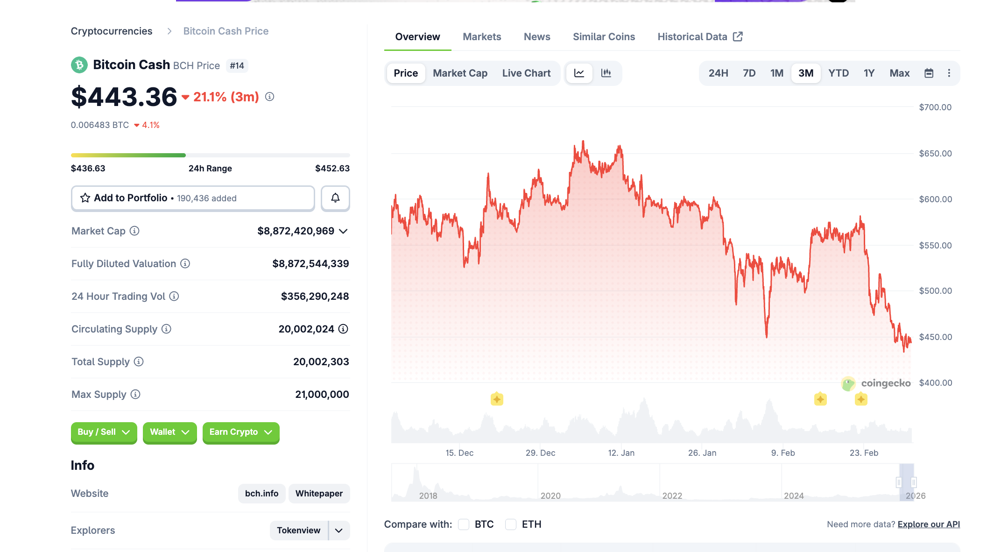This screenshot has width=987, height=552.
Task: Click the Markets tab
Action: tap(482, 37)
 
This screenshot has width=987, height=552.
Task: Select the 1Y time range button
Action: tap(868, 73)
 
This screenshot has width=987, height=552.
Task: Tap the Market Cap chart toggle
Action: tap(460, 73)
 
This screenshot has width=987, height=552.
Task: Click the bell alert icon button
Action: tap(335, 198)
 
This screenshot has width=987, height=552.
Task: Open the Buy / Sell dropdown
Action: tap(104, 432)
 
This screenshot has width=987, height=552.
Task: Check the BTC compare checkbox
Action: tap(464, 524)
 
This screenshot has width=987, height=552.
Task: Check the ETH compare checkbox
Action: tap(511, 524)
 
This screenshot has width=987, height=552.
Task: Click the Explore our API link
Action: tap(928, 524)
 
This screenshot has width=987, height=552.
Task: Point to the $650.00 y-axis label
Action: tap(935, 154)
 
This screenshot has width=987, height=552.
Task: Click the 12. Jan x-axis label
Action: tap(621, 453)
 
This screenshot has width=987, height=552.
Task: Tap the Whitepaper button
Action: tap(319, 494)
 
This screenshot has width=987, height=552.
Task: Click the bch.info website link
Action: tap(261, 494)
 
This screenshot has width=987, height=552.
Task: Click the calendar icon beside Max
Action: tap(929, 73)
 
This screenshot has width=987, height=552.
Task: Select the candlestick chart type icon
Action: tap(606, 73)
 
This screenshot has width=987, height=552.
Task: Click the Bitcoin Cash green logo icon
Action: tap(79, 65)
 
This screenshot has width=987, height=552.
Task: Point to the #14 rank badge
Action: tap(237, 66)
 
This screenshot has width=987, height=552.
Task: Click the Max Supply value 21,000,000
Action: tap(322, 395)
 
